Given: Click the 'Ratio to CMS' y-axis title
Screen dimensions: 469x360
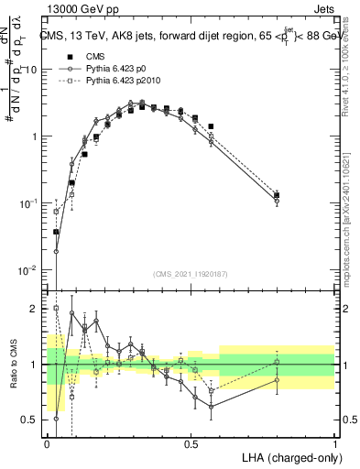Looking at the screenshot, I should pyautogui.click(x=12, y=365).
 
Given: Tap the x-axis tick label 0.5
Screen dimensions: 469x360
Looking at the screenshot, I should pyautogui.click(x=191, y=442).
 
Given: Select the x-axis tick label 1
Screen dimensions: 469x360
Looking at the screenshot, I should pyautogui.click(x=335, y=442).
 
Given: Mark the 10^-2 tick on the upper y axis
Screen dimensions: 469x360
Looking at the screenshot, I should pyautogui.click(x=30, y=269).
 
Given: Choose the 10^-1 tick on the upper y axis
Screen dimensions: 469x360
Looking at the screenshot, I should pyautogui.click(x=30, y=202).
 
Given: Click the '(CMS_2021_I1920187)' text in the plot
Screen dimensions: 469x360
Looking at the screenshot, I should pyautogui.click(x=191, y=274).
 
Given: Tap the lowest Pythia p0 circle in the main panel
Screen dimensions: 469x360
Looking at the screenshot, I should pyautogui.click(x=56, y=251).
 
